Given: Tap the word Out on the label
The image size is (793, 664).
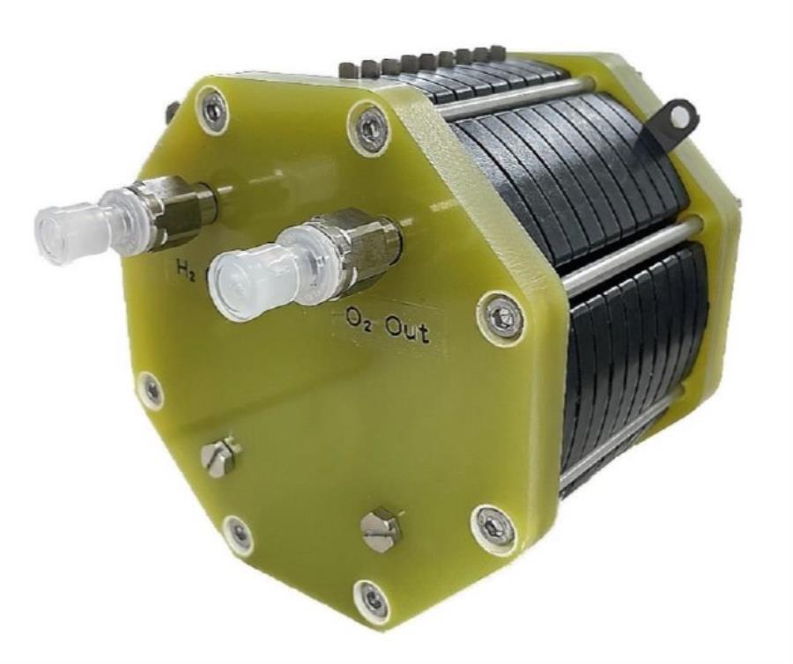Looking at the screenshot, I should pyautogui.click(x=408, y=332).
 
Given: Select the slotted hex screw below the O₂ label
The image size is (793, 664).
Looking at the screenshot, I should pyautogui.click(x=381, y=530).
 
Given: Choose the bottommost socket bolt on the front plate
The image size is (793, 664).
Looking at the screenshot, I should pyautogui.click(x=374, y=601).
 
